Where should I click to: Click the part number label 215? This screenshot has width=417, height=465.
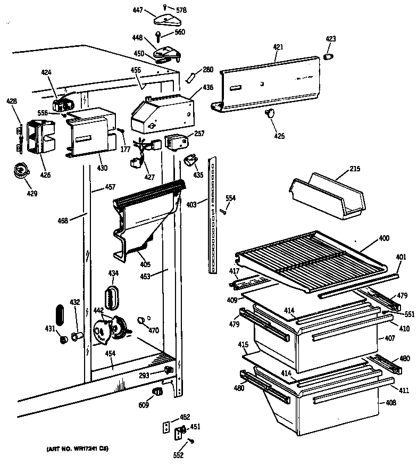(355, 169)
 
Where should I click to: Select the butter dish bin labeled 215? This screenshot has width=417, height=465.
(327, 195)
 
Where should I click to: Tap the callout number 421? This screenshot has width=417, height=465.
(278, 47)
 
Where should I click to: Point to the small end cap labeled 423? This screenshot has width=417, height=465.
(329, 56)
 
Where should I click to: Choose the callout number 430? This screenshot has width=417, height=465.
(102, 168)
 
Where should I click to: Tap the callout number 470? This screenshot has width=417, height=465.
(154, 330)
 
